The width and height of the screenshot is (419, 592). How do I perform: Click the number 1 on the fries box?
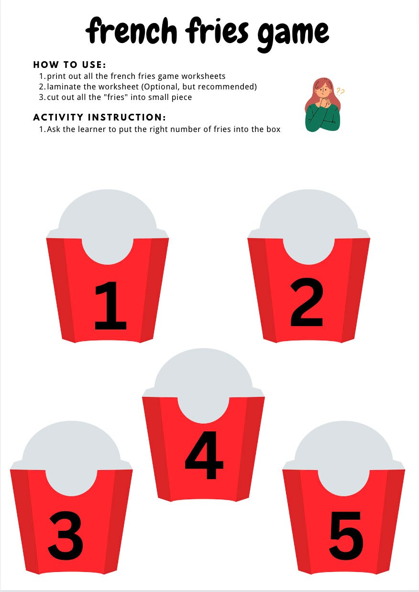tap(110, 306)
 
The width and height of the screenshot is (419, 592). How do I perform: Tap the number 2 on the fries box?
tap(307, 304)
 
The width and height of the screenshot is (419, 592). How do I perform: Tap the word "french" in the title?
tap(131, 31)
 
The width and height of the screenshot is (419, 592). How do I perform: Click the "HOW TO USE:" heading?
tap(69, 65)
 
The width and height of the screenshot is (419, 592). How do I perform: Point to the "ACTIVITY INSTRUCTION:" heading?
tap(99, 117)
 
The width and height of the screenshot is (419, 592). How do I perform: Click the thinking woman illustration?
tap(323, 104)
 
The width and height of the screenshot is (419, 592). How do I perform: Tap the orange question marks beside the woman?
tap(341, 91)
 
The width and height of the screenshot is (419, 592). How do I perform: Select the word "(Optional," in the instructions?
tap(161, 87)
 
